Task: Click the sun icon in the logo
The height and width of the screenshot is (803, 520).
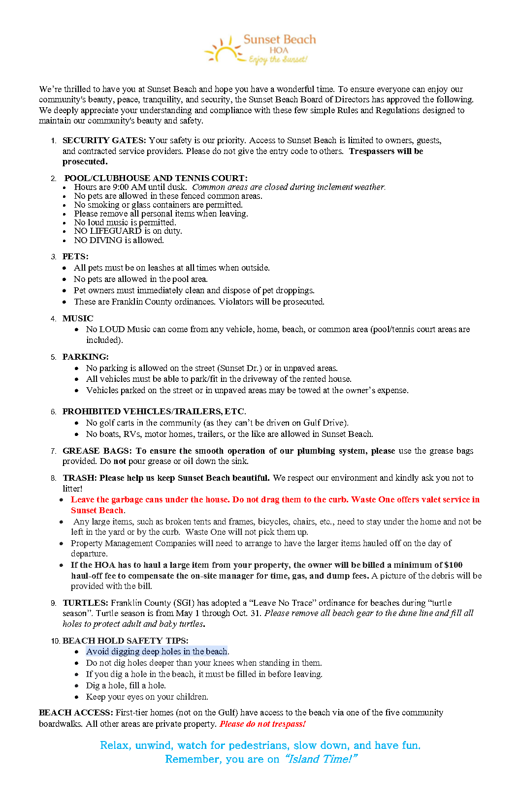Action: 225,51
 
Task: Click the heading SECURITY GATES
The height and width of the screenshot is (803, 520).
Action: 104,141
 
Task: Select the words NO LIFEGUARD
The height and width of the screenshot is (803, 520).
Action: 108,231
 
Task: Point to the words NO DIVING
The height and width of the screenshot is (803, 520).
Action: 98,240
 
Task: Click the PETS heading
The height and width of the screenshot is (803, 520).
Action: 75,256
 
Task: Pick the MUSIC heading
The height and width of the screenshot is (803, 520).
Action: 77,318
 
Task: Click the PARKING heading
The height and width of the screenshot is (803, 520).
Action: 85,357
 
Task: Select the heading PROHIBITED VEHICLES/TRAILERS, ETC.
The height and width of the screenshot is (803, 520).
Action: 154,411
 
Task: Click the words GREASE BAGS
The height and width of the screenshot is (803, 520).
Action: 97,451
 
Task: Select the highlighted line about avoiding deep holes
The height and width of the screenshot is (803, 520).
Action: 157,651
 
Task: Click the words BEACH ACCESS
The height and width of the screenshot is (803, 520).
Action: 76,712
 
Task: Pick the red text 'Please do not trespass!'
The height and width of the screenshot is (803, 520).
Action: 262,724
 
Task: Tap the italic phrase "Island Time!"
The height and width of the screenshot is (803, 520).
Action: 321,759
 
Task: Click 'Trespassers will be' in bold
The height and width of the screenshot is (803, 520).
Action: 386,151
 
